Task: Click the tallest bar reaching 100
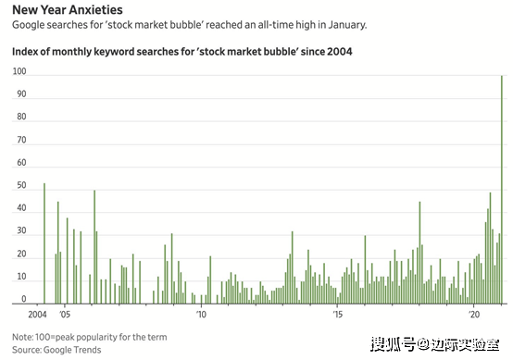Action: point(502,190)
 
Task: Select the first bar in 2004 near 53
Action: point(44,243)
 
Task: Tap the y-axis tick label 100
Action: point(19,71)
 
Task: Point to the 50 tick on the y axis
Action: point(21,185)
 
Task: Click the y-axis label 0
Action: point(23,299)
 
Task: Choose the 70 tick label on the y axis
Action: point(21,140)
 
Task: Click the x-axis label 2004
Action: point(37,315)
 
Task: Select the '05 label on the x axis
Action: point(65,315)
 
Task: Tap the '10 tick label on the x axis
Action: point(201,315)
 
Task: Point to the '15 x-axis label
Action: point(338,315)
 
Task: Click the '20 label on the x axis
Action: point(474,315)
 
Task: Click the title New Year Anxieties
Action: point(68,10)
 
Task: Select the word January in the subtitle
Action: point(347,25)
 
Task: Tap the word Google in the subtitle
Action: point(29,25)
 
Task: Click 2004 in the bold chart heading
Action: point(339,52)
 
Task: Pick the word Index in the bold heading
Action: point(24,52)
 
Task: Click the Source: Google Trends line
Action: point(56,350)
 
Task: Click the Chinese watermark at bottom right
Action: point(435,344)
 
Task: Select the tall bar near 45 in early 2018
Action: point(419,253)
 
